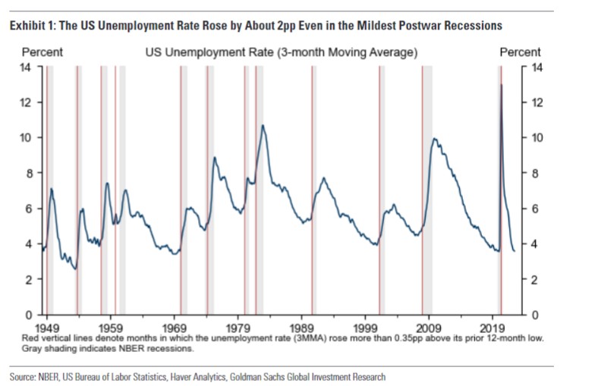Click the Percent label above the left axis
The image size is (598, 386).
pos(42,52)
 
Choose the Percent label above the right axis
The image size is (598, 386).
pos(521,52)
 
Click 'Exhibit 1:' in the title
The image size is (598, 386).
pos(33,26)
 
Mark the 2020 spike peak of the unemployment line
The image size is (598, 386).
pos(501,84)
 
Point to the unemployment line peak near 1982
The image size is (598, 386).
pos(263,125)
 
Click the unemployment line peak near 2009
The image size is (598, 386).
pos(433,139)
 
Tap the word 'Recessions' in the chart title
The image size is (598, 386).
pos(471,26)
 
